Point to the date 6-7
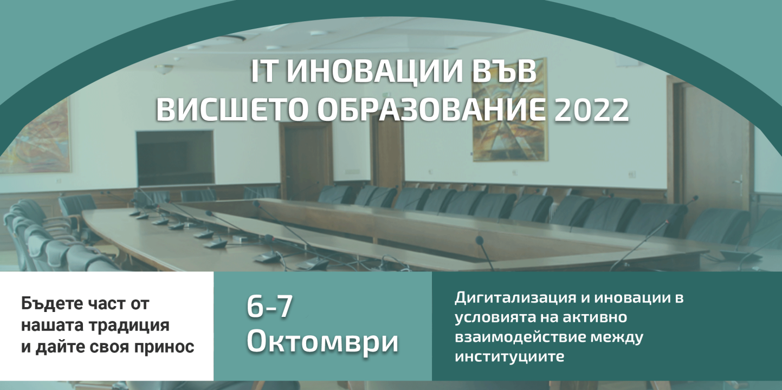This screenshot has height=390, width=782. click(269, 307)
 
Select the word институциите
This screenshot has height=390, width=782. click(509, 357)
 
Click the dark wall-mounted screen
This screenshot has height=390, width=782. click(175, 158)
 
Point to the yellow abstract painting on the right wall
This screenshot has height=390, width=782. click(509, 110)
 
